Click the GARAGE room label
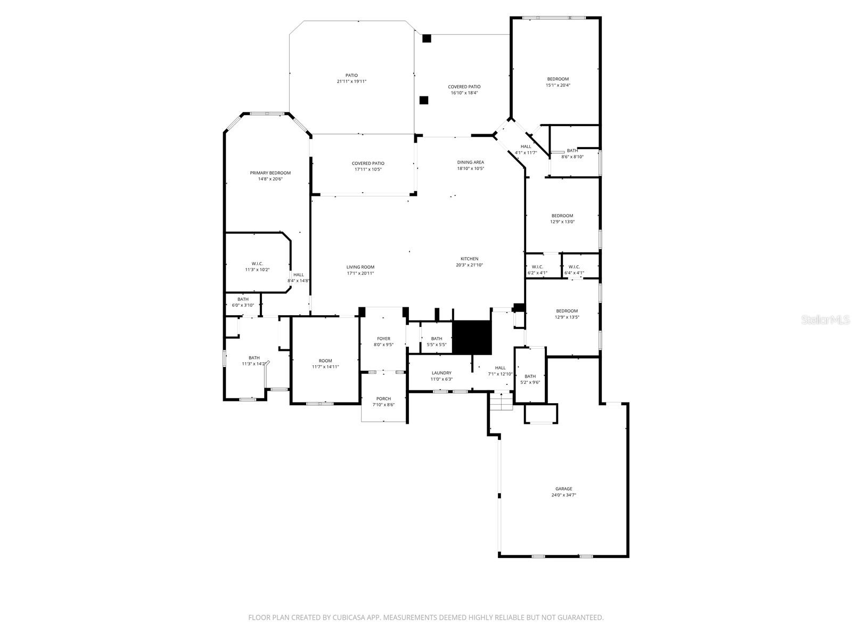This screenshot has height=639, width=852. (563, 489)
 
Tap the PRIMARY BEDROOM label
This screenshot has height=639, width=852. (271, 173)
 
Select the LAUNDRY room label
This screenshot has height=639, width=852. (441, 373)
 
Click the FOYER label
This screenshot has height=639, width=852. (383, 339)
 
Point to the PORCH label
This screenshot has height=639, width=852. (383, 399)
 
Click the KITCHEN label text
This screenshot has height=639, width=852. (469, 259)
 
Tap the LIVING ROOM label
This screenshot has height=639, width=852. (361, 267)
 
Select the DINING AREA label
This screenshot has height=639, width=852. (470, 162)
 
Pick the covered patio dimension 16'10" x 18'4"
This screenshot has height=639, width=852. (464, 93)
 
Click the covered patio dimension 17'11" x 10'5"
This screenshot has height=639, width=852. (368, 169)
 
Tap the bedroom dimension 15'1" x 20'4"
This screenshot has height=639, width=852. (558, 85)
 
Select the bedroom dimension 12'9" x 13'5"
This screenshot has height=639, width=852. (567, 317)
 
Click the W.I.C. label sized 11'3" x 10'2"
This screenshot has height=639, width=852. (257, 264)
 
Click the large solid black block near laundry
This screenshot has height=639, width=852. (471, 338)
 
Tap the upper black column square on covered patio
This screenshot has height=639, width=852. (426, 38)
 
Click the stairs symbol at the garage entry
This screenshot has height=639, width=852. (501, 402)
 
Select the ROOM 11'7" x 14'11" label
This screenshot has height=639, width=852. (325, 361)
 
